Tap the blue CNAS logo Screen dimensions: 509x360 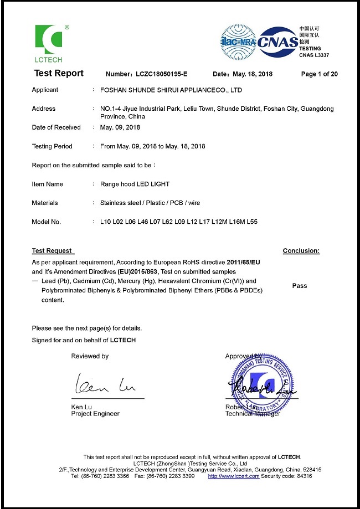coord(277,42)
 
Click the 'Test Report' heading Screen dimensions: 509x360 coord(59,74)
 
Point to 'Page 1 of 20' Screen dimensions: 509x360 coord(319,74)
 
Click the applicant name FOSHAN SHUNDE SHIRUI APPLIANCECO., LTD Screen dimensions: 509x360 coord(171,90)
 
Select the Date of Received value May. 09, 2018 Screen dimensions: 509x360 coord(120,127)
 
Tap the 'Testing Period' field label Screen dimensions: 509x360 coord(52,146)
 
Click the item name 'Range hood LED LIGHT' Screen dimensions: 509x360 coord(135,184)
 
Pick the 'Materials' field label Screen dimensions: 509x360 coord(45,203)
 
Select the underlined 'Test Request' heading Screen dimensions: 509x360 coord(52,251)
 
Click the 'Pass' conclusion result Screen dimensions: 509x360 coord(300,286)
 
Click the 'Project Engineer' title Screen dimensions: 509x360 coord(95,414)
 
